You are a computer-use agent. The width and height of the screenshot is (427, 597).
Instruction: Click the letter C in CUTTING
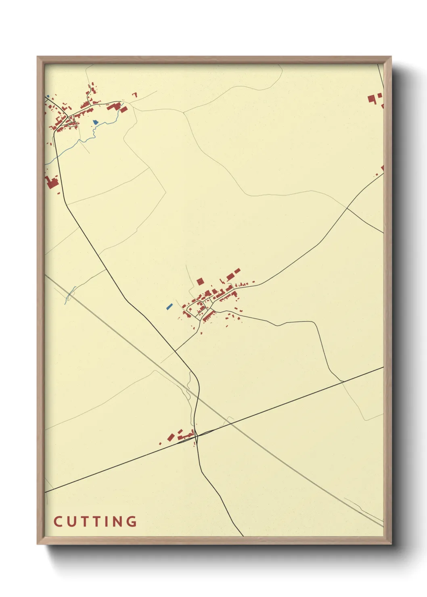pyautogui.click(x=58, y=522)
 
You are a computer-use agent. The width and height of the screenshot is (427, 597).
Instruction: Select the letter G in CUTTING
pyautogui.click(x=132, y=522)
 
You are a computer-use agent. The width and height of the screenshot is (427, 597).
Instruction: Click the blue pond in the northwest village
pyautogui.click(x=95, y=122)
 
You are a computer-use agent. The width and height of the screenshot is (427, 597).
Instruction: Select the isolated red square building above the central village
pyautogui.click(x=200, y=281)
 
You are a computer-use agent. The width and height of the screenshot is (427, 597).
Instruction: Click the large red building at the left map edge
pyautogui.click(x=52, y=182)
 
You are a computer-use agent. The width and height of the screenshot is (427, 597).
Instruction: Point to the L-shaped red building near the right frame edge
pyautogui.click(x=372, y=98)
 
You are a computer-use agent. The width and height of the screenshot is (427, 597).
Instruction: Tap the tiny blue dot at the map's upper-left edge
pyautogui.click(x=48, y=96)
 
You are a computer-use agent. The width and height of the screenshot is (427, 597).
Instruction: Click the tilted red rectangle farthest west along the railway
pyautogui.click(x=171, y=437)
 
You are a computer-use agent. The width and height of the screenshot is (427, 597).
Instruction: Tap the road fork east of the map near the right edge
pyautogui.click(x=347, y=209)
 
